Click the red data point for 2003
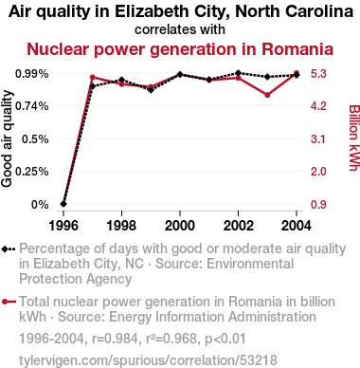[267, 95]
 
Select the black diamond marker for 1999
[151, 90]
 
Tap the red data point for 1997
[93, 77]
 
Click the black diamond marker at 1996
[63, 204]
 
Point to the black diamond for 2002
[238, 73]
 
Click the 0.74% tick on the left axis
[32, 106]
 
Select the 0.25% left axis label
[32, 172]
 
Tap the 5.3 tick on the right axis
[318, 74]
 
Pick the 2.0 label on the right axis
[318, 172]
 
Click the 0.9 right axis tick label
[318, 205]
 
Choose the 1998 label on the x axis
[121, 226]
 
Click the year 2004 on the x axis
[297, 226]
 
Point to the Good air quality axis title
[7, 138]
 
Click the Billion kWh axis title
[353, 138]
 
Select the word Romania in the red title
[297, 49]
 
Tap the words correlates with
[180, 29]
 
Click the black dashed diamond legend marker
[9, 249]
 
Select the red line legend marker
[9, 302]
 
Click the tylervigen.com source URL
[148, 360]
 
